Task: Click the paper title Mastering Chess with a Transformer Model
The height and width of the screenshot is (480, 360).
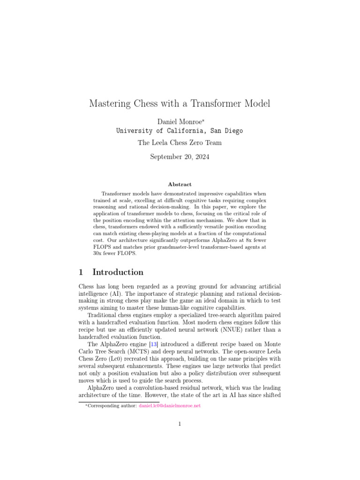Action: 180,104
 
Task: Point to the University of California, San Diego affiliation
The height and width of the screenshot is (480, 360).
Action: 180,131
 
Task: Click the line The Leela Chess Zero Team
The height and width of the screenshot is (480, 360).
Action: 180,143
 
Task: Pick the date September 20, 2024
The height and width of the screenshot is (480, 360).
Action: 180,157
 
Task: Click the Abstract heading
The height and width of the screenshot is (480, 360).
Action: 180,185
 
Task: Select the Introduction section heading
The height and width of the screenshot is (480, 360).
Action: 118,272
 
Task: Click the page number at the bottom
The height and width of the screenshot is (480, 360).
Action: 180,425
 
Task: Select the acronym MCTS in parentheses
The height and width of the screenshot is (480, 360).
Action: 163,352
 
